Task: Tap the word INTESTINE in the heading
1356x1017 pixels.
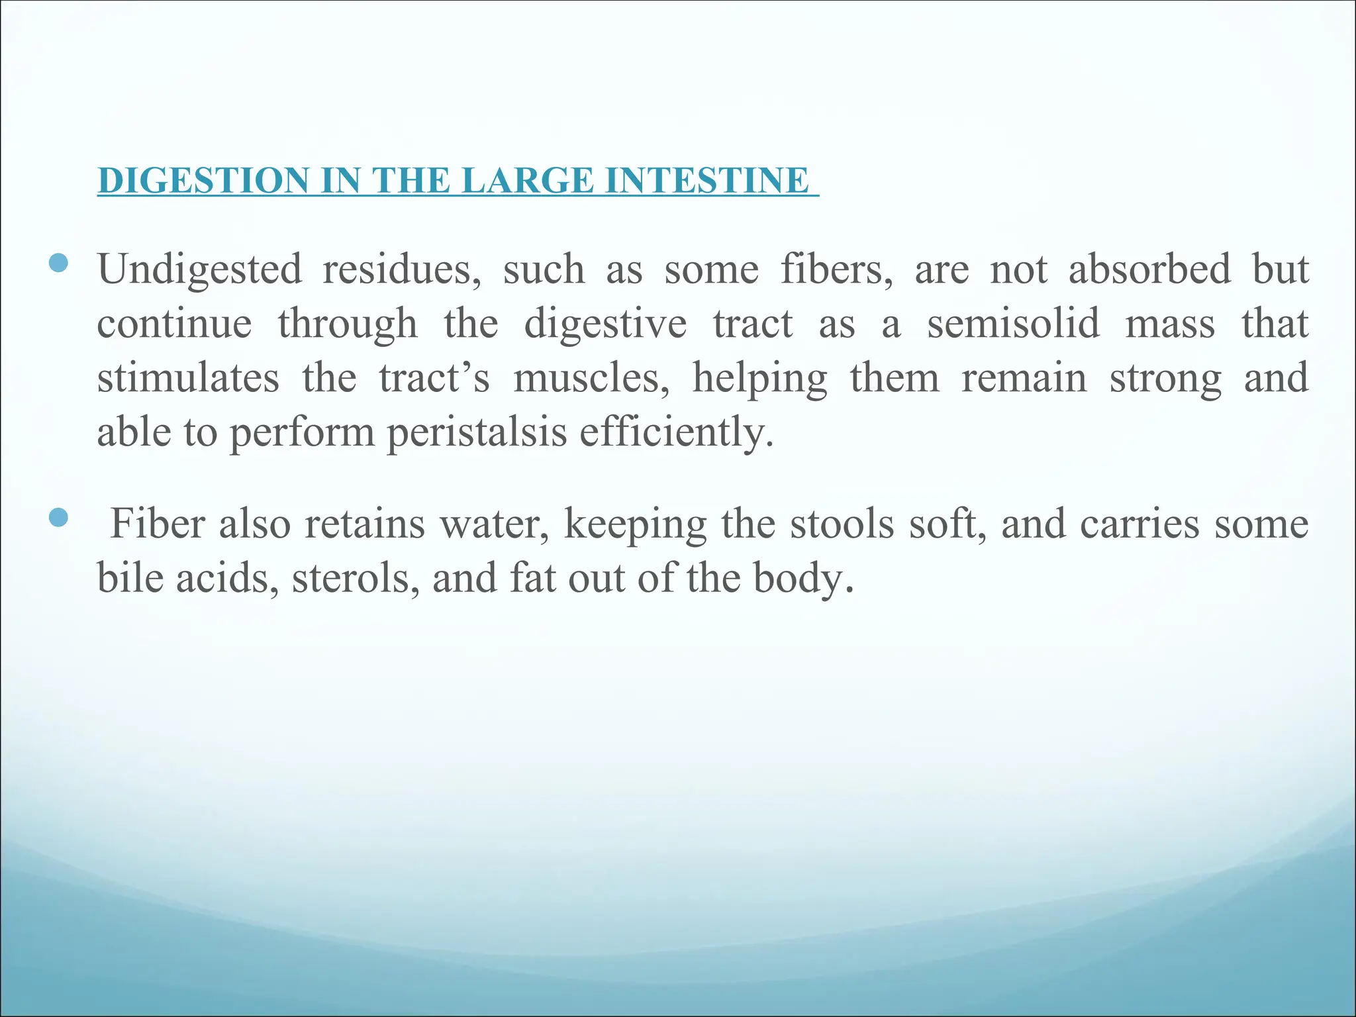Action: coord(706,181)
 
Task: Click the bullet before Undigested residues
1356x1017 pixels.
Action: coord(59,263)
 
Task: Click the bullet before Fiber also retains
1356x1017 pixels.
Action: coord(59,517)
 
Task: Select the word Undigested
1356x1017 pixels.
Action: coord(199,270)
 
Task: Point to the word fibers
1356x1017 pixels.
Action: coord(836,270)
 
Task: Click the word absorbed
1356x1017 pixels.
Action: coord(1149,270)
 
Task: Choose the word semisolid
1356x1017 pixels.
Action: coord(1013,324)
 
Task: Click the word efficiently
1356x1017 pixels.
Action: coord(676,433)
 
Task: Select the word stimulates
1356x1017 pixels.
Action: coord(188,379)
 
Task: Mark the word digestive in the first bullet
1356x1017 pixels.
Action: coord(605,324)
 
